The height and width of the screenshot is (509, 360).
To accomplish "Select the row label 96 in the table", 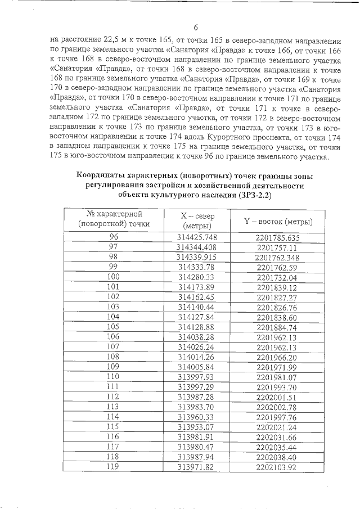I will (114, 237).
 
